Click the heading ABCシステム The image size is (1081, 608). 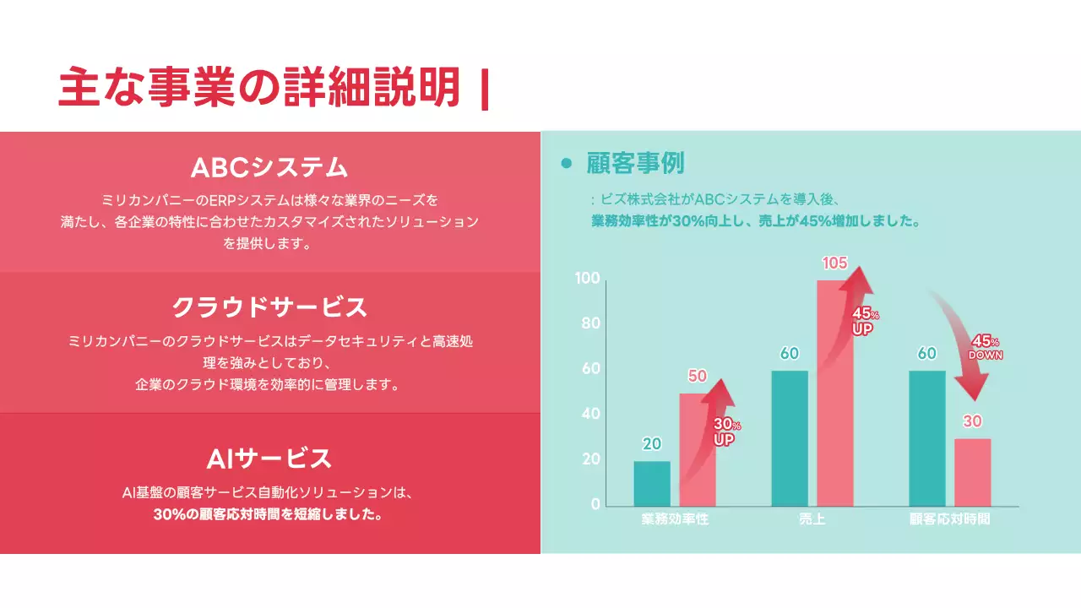(x=269, y=166)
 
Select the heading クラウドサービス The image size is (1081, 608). (x=269, y=307)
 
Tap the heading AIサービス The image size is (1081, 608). (x=269, y=459)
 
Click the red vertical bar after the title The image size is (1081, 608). (x=484, y=90)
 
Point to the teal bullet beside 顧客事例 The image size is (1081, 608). (x=567, y=163)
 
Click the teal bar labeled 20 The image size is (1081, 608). (x=652, y=483)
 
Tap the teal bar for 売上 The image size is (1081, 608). (x=790, y=437)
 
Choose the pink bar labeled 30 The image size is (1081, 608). (x=973, y=472)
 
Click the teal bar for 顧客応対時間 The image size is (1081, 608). (x=927, y=437)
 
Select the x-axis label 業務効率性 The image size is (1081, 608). (x=675, y=519)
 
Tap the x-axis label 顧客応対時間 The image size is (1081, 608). (x=949, y=519)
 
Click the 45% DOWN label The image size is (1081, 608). (x=985, y=346)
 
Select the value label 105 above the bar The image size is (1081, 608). (x=834, y=263)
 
